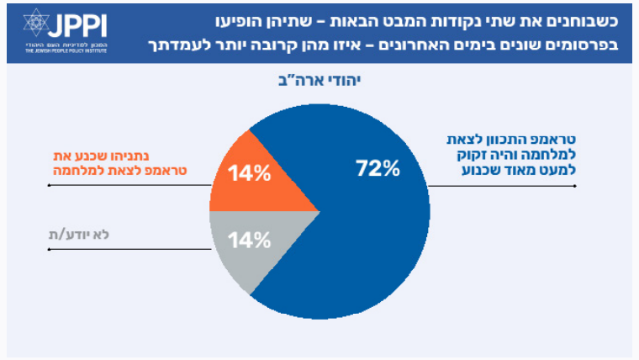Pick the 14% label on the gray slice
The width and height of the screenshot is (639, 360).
pos(250,240)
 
